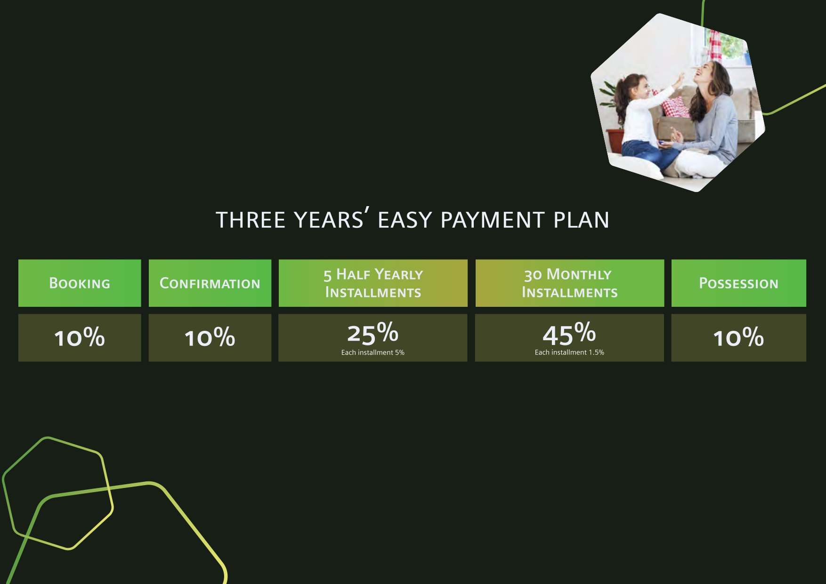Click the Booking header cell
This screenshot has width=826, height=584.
pos(80,283)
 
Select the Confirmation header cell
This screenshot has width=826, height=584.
pos(210,283)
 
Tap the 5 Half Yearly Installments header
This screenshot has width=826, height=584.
pos(373,283)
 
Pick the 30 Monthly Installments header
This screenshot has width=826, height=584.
pos(570,283)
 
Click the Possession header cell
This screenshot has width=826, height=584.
pos(739,283)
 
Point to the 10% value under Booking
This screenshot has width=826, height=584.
pos(80,337)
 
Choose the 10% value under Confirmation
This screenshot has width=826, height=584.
pos(210,337)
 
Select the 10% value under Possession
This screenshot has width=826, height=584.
pos(739,337)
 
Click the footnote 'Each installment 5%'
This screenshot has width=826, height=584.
pos(373,352)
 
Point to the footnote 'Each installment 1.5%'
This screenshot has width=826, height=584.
pos(569,352)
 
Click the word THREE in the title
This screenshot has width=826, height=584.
pos(251,220)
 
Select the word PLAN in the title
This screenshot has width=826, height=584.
pos(582,220)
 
